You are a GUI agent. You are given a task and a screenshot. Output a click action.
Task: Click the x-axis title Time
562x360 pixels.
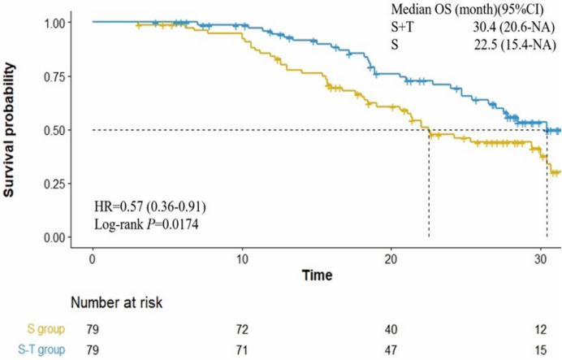pos(317,275)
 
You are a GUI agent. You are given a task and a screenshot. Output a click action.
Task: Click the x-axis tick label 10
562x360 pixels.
pos(242,258)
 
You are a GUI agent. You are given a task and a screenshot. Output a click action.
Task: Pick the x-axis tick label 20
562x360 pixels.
pos(391,258)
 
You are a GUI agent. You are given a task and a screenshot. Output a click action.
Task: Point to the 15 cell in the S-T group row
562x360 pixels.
pos(541,350)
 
